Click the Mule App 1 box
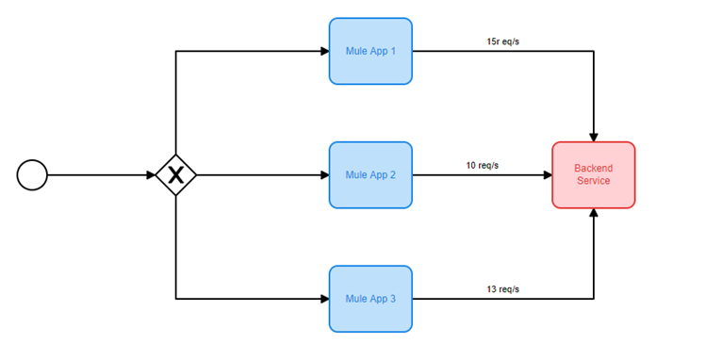(370, 51)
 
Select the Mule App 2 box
(370, 175)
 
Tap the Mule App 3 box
(370, 299)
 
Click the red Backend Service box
(594, 175)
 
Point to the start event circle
(32, 175)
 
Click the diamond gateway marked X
(175, 175)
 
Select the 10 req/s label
(483, 166)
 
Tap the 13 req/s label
(503, 289)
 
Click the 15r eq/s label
(503, 41)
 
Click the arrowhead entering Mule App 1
(325, 51)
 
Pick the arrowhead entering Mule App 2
(325, 175)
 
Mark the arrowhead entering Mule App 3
(325, 299)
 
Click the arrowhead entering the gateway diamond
(151, 175)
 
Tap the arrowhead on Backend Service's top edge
(594, 138)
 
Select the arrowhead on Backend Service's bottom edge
(594, 213)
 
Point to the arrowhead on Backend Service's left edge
(548, 175)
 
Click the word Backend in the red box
(594, 169)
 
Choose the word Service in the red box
(594, 181)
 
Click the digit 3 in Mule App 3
(393, 299)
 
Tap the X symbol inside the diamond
(175, 175)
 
